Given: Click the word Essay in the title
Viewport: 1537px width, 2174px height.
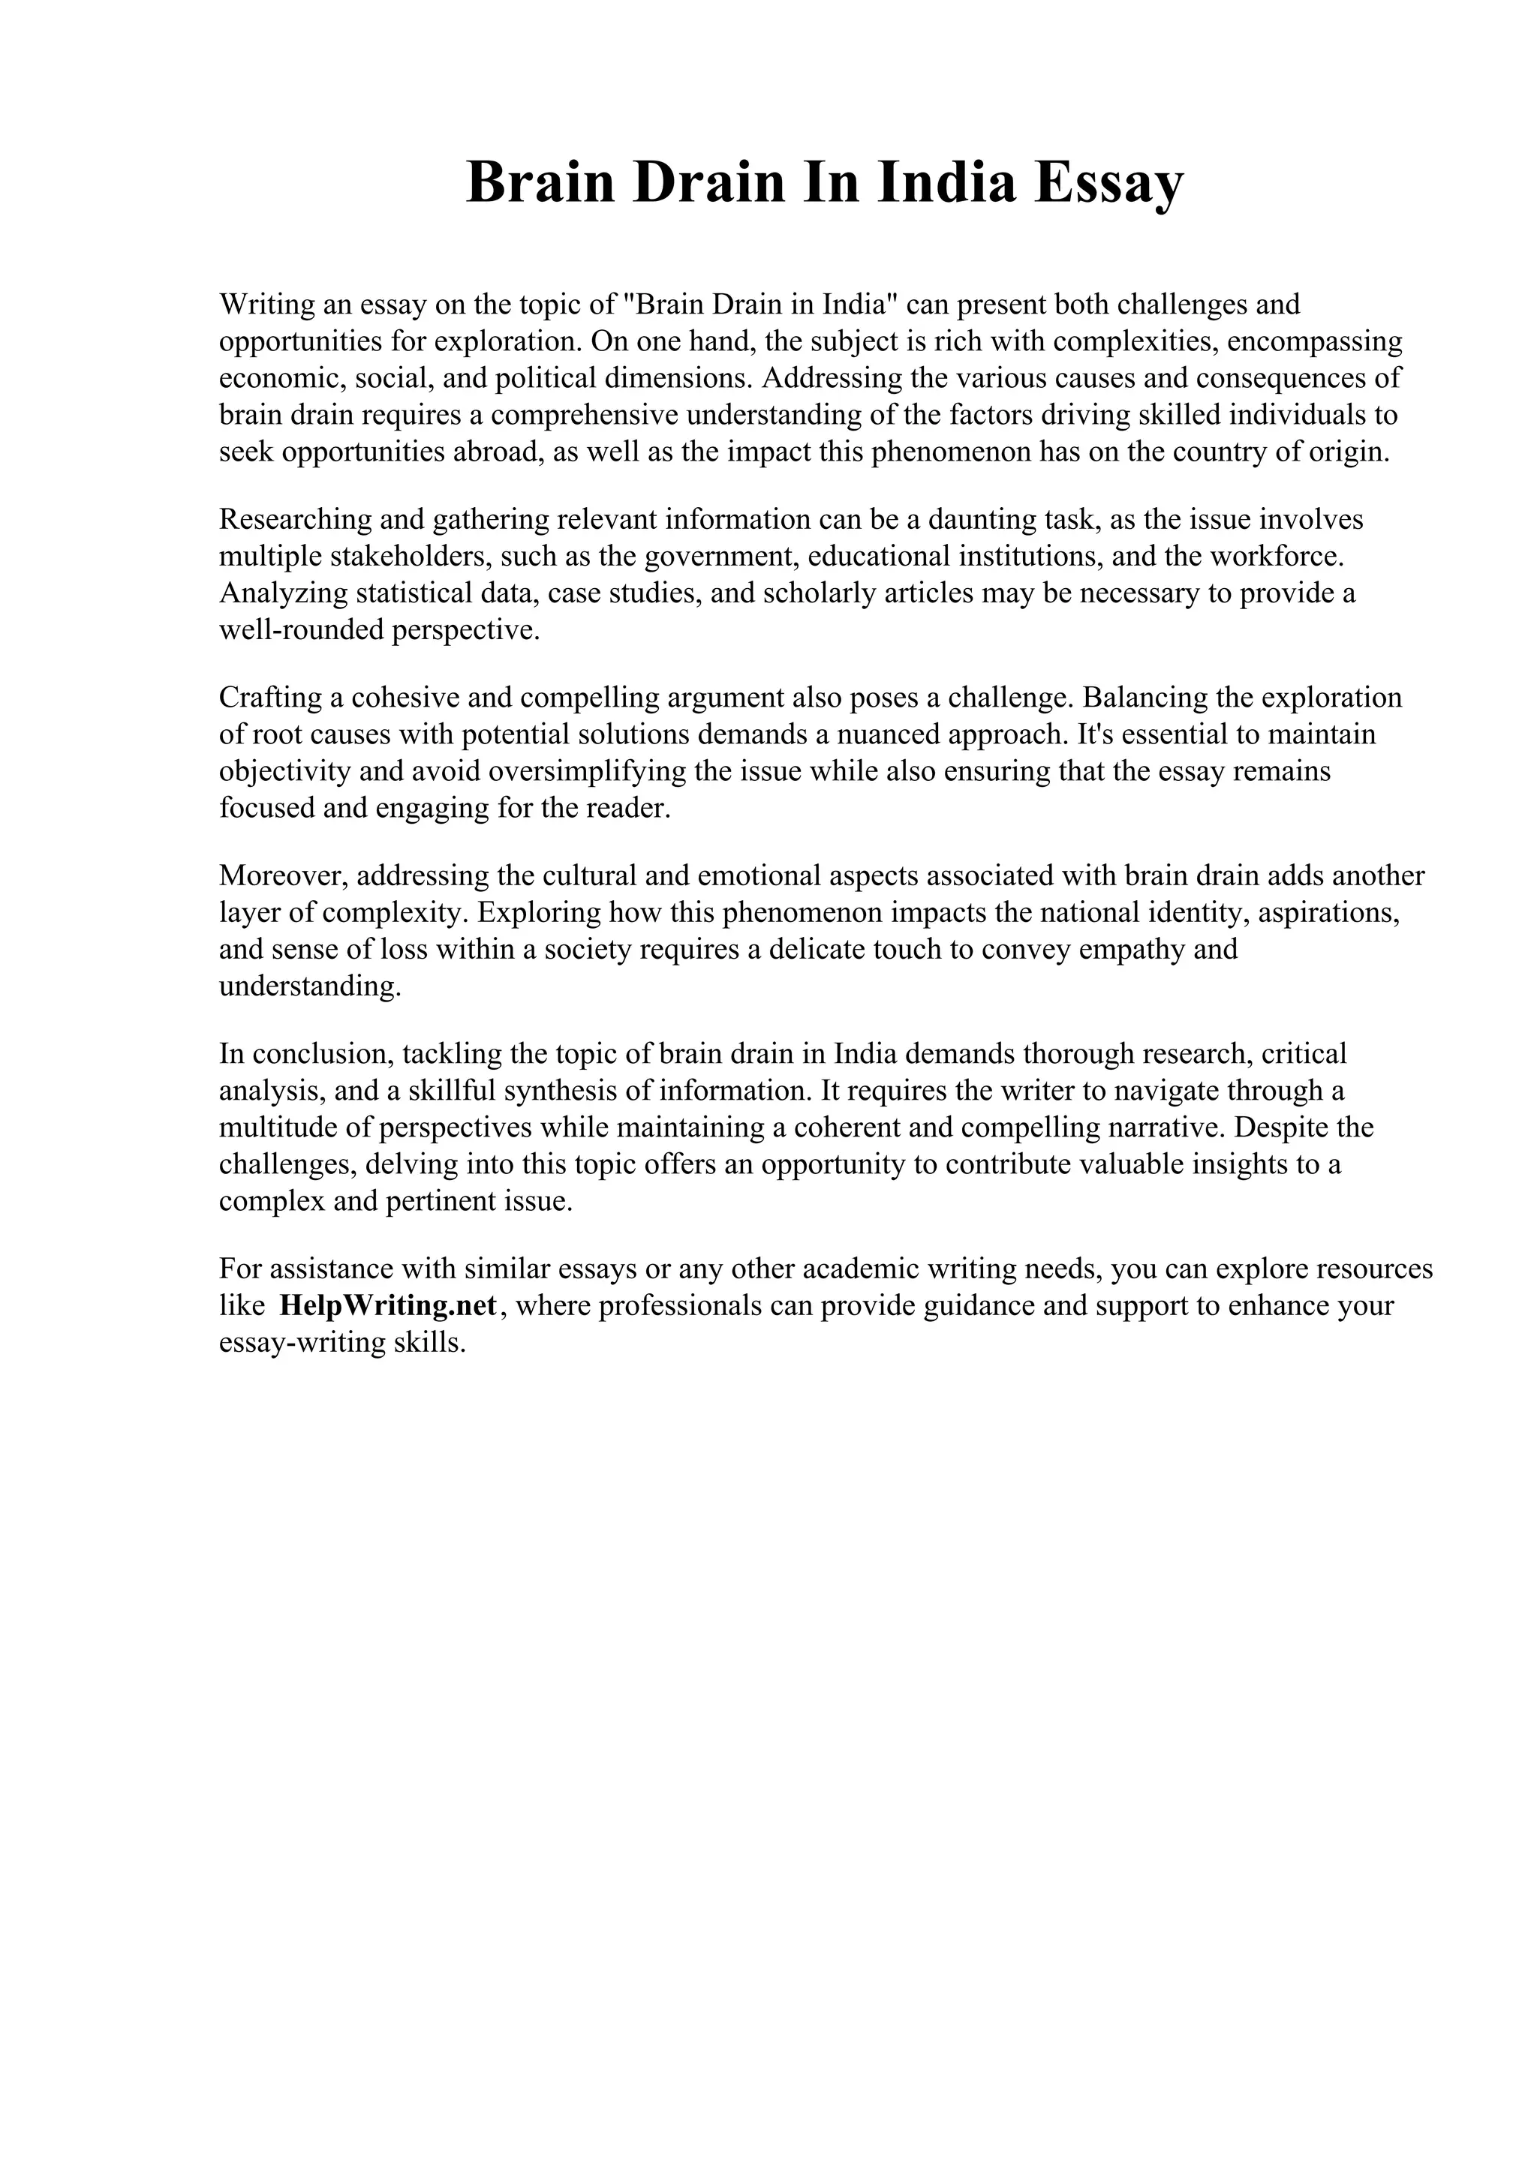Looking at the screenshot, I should click(x=1108, y=183).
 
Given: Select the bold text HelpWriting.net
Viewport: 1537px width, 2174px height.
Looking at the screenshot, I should click(x=388, y=1307).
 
